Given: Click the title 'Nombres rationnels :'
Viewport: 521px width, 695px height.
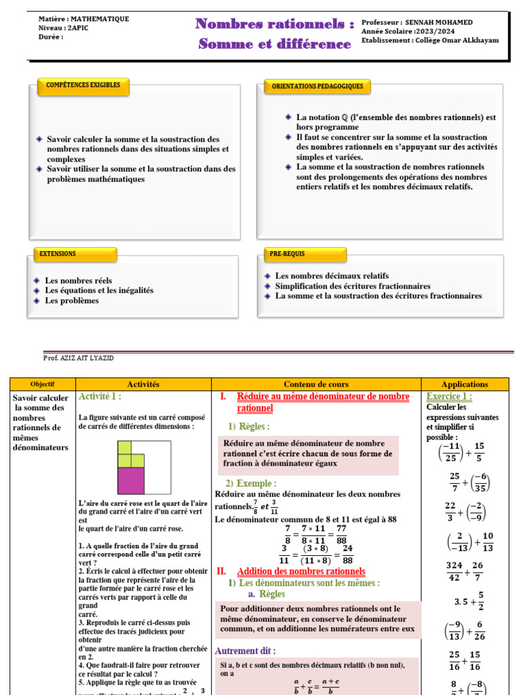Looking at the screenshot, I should coord(275,24).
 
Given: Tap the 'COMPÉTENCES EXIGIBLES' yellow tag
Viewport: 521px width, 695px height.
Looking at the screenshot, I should coord(83,86).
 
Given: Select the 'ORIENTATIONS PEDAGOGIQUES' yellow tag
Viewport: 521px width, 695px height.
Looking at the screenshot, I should coord(317,86).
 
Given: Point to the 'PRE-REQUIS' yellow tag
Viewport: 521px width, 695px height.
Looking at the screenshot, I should coord(288,254).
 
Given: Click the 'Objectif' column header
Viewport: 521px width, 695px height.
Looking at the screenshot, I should coord(43,384).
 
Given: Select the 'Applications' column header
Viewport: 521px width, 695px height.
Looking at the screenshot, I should coord(465,384).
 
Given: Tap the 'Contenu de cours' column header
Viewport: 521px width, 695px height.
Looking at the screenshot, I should coord(316,384).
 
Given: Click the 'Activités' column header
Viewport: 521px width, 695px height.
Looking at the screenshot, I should coord(143,384).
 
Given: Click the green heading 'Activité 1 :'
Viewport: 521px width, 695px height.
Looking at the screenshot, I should coord(100,396).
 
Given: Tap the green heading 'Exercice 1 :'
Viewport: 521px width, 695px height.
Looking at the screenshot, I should coord(449,396).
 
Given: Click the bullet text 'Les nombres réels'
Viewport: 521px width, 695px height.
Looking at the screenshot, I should coord(79,280).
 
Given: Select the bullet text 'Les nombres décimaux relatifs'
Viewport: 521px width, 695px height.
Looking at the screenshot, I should coord(332,276).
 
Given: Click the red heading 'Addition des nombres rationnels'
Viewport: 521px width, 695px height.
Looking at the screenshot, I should coord(301,571).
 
